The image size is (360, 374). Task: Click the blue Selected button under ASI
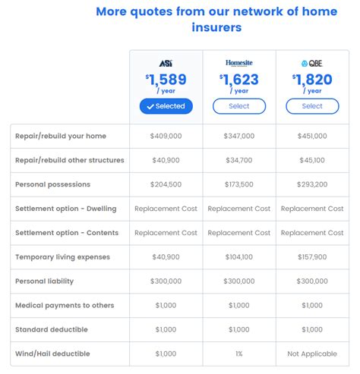(166, 106)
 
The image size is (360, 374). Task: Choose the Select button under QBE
(312, 106)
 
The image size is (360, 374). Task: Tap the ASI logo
(166, 63)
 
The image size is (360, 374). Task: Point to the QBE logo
(312, 63)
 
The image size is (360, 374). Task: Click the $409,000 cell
(166, 136)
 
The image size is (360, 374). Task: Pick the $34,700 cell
(238, 160)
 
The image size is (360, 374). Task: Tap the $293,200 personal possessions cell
(312, 184)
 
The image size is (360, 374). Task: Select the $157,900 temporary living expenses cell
(312, 257)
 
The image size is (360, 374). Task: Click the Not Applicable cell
(312, 354)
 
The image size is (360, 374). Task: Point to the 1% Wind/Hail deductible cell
(238, 354)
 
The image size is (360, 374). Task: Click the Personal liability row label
(44, 281)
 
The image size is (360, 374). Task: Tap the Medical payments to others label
(65, 306)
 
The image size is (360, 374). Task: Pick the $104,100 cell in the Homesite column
(238, 257)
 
